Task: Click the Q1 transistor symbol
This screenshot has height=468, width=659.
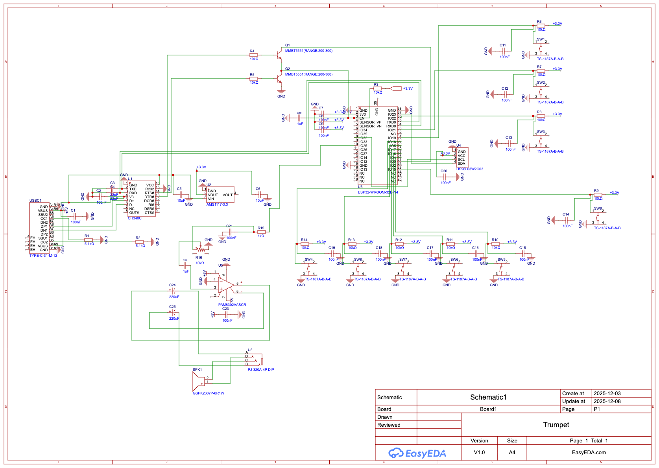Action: coord(279,55)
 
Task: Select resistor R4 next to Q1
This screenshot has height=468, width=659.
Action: coord(254,55)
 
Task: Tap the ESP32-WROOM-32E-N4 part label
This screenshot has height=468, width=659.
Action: coord(378,192)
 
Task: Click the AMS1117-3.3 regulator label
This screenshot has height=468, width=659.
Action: coord(217,205)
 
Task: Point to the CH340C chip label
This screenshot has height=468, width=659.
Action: coord(135,218)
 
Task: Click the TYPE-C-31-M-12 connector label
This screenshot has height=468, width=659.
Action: coord(43,256)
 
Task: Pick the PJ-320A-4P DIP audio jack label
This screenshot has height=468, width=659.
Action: coord(260,370)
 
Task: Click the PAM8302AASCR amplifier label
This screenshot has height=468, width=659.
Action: coord(232,305)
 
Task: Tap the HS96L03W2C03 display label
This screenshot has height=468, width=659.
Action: coord(469,169)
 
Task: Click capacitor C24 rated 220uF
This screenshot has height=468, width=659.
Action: coord(173,291)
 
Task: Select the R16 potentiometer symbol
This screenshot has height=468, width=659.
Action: coord(201,248)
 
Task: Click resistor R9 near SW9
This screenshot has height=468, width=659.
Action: coord(598,195)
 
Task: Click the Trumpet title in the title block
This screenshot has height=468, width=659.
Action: coord(556,425)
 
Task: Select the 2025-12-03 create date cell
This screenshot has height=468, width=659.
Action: coord(607,393)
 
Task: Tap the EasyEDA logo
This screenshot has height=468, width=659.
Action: coord(417,453)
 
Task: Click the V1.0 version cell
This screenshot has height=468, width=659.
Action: coord(479,453)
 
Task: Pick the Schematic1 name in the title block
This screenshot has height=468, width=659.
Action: coord(488,397)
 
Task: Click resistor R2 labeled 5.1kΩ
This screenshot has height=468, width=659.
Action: coord(140,242)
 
